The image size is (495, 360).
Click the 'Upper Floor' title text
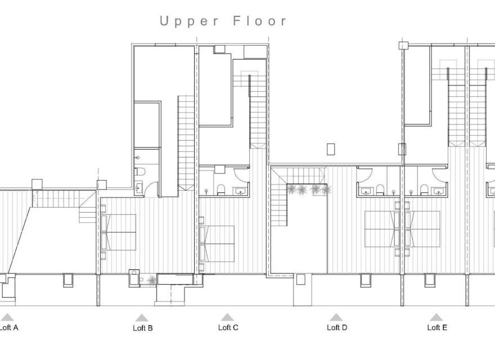(223, 21)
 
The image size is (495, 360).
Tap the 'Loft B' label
(142, 328)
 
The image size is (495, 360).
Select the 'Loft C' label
(228, 327)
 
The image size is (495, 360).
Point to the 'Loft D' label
(336, 327)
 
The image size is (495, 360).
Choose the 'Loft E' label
(437, 327)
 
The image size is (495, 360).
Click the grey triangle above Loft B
(142, 317)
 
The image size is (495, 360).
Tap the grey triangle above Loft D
(336, 317)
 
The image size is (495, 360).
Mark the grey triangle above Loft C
(227, 317)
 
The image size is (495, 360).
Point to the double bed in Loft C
(217, 243)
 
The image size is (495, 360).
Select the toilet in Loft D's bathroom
(380, 190)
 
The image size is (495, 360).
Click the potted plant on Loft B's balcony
(152, 279)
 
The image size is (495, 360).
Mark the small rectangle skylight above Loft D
(331, 148)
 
